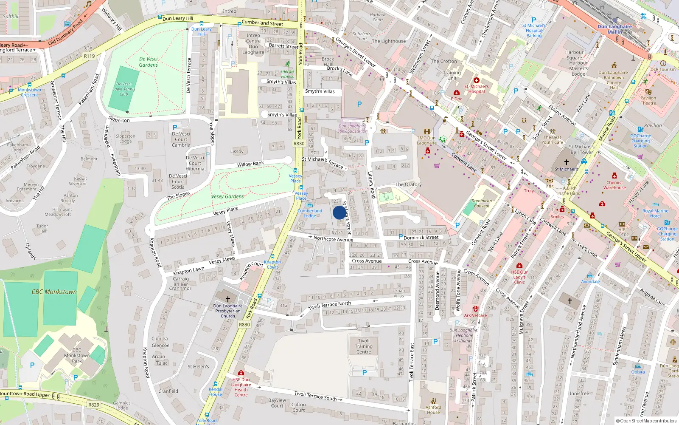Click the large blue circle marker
point(339,212)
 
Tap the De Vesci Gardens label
point(148,62)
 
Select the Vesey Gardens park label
point(227,197)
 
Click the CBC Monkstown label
point(54,292)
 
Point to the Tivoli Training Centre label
point(364,346)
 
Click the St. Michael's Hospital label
point(476,89)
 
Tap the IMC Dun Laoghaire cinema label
point(426,140)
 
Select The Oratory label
point(408,184)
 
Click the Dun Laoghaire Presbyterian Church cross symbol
point(228,299)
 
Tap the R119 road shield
point(89,56)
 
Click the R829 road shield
point(94,405)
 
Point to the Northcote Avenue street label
point(333,239)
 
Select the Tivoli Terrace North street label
point(330,306)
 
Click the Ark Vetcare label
point(475,315)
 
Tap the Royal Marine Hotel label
point(655,213)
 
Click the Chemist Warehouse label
point(614,185)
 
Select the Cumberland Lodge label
point(310,213)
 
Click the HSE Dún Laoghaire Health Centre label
point(241,387)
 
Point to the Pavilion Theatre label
point(648,100)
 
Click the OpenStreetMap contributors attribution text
point(648,421)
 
